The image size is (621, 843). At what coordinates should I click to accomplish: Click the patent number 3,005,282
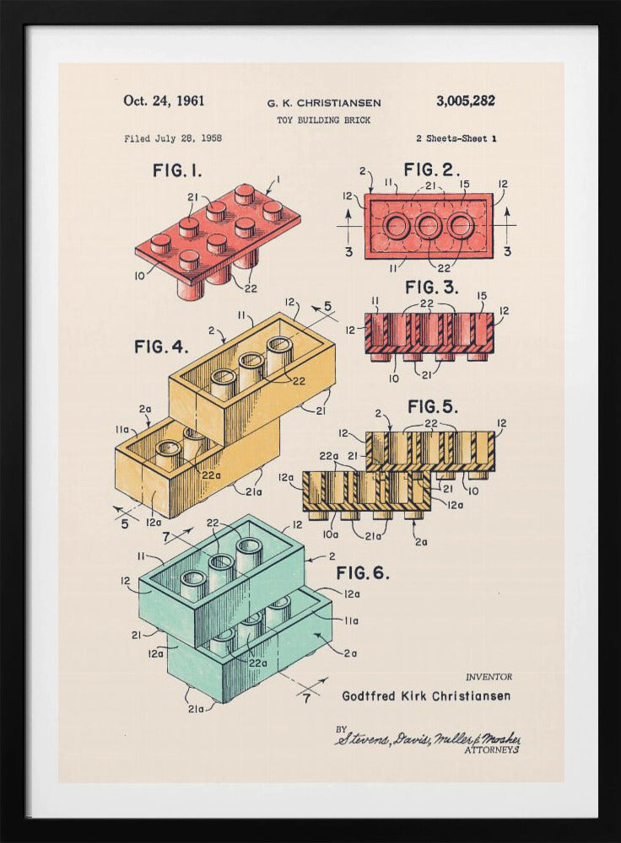(x=465, y=101)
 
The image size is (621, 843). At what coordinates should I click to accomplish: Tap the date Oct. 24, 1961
(x=164, y=101)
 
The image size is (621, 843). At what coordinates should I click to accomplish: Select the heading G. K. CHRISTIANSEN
(x=324, y=103)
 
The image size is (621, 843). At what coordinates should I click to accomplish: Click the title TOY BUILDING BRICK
(x=323, y=121)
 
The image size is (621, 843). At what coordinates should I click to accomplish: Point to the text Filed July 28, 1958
(x=173, y=138)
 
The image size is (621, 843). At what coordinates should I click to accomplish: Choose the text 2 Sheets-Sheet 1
(x=456, y=138)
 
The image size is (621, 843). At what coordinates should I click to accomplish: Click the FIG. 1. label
(x=177, y=170)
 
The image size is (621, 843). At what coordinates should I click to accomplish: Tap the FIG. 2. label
(x=432, y=169)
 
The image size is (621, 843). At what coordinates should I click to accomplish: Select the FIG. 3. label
(x=432, y=287)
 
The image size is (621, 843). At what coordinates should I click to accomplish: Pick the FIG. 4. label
(x=161, y=346)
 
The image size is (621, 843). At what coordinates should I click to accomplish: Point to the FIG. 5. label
(x=433, y=406)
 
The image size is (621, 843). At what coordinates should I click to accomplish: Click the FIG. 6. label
(x=363, y=573)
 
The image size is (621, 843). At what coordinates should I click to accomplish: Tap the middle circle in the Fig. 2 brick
(x=429, y=226)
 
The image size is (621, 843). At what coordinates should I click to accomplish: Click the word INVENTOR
(x=489, y=677)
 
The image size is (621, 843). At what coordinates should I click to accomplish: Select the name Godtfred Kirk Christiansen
(x=426, y=696)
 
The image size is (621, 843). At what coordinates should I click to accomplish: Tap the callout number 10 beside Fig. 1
(x=138, y=275)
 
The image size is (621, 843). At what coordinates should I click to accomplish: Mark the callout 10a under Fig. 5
(x=330, y=534)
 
